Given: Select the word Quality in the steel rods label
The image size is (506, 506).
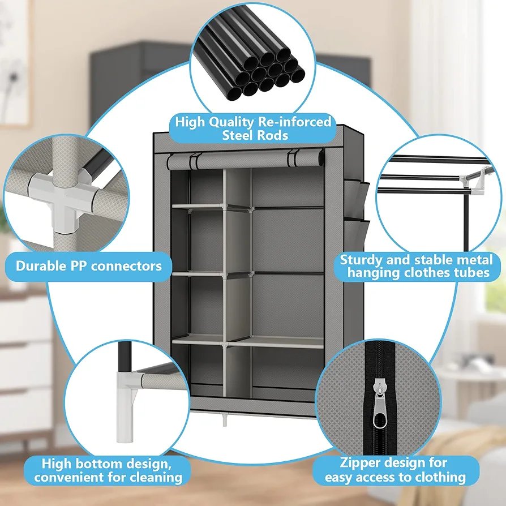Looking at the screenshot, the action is pos(231,123).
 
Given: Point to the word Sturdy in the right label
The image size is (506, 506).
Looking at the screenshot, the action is pos(361,260).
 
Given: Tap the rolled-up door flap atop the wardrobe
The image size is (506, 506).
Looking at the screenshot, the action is pos(246,160).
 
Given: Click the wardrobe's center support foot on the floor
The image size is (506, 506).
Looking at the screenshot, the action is pos(225,420).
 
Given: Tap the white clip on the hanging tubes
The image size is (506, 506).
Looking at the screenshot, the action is pos(478,181).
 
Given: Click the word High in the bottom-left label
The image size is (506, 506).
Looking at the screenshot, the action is pos(57,464).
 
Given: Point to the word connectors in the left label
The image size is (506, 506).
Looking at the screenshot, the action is pos(126,267).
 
